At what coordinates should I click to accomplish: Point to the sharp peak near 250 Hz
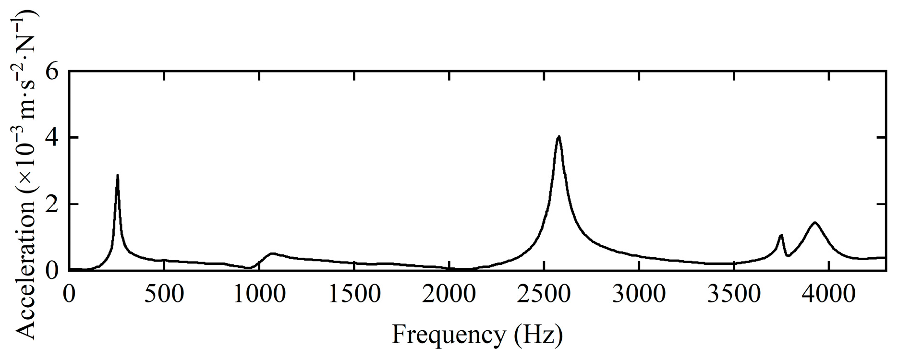pyautogui.click(x=118, y=176)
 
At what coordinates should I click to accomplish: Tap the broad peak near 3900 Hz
pyautogui.click(x=814, y=223)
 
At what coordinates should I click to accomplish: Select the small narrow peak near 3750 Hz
pyautogui.click(x=781, y=235)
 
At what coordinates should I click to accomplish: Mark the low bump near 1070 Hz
pyautogui.click(x=272, y=253)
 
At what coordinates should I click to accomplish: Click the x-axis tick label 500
pyautogui.click(x=164, y=294)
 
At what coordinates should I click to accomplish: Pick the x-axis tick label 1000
pyautogui.click(x=259, y=294)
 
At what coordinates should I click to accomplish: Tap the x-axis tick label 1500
pyautogui.click(x=354, y=294)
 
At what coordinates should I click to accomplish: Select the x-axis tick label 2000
pyautogui.click(x=449, y=294)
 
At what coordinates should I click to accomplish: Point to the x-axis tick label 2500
pyautogui.click(x=544, y=294)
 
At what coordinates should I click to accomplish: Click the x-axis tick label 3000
pyautogui.click(x=639, y=294)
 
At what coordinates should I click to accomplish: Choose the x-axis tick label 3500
pyautogui.click(x=733, y=294)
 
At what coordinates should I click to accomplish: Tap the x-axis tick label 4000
pyautogui.click(x=828, y=294)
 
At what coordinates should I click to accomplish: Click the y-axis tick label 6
pyautogui.click(x=52, y=72)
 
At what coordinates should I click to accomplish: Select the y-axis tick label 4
pyautogui.click(x=52, y=138)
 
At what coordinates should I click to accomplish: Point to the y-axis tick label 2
pyautogui.click(x=52, y=204)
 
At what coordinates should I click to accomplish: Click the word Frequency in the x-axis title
pyautogui.click(x=449, y=335)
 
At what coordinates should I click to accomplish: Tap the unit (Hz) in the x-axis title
pyautogui.click(x=538, y=335)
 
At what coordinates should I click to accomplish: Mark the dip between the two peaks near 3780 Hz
pyautogui.click(x=788, y=255)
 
